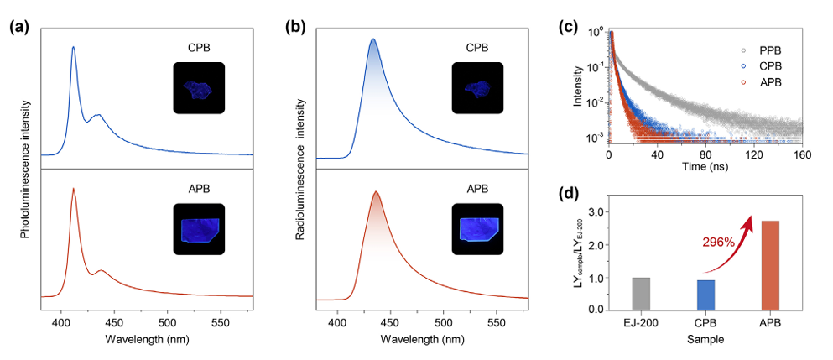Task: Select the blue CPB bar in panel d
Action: point(705,295)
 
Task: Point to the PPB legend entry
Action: point(770,50)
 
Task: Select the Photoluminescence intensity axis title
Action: point(25,167)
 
